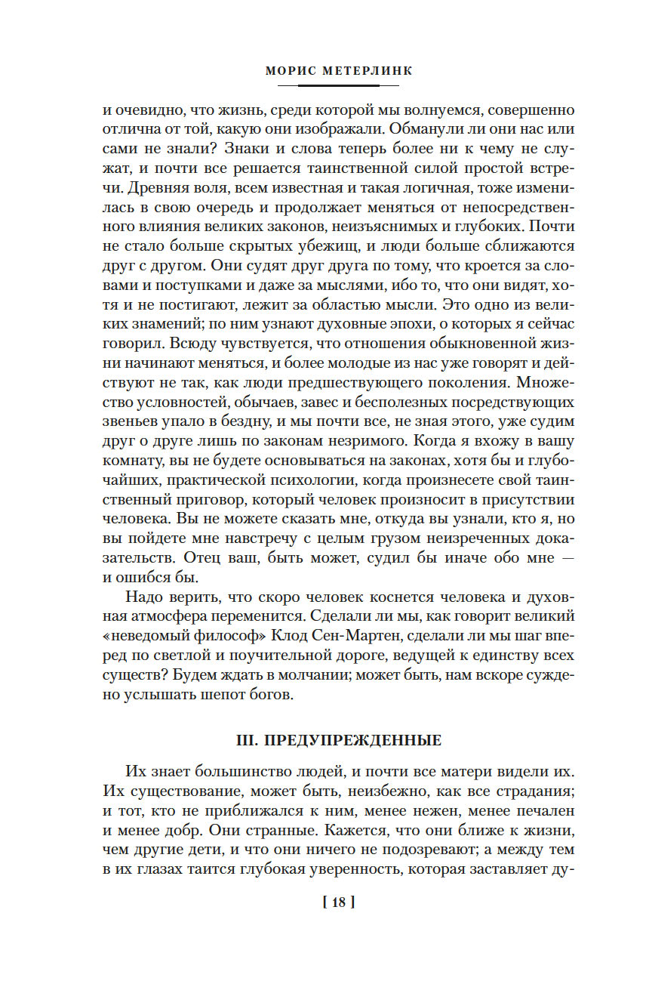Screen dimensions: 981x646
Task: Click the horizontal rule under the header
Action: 322,86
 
